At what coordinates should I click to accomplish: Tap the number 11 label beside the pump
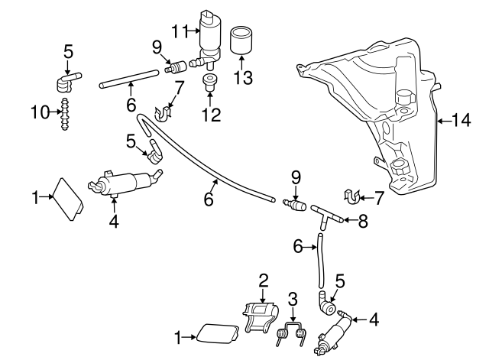[179, 31]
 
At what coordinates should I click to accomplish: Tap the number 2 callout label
[263, 280]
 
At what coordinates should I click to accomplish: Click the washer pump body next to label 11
[209, 34]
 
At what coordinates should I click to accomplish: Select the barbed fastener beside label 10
[65, 113]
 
